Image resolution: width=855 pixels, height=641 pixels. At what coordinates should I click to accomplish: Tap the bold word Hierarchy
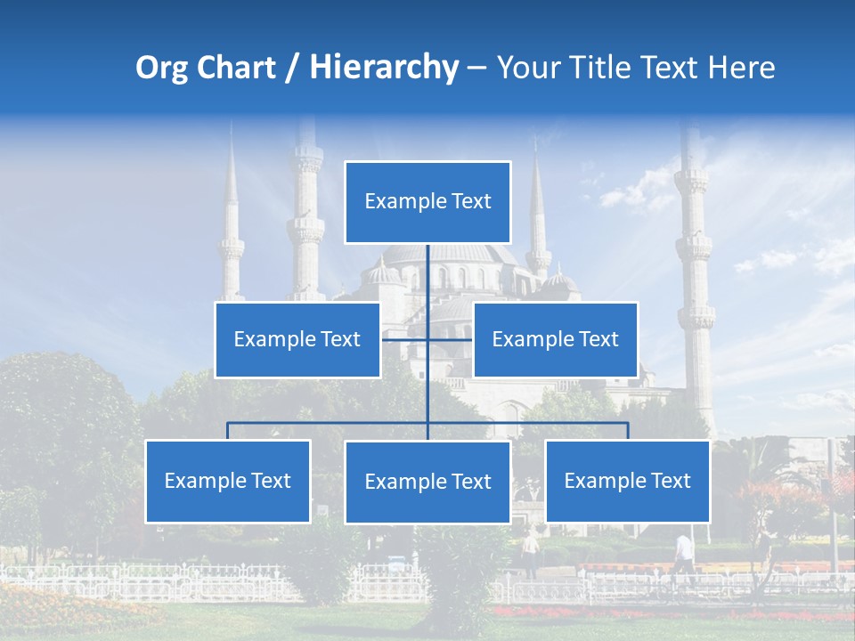click(x=384, y=68)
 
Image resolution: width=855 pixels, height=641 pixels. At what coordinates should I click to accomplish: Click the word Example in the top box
click(x=397, y=201)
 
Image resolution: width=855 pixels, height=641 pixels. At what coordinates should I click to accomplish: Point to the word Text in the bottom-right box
click(x=669, y=481)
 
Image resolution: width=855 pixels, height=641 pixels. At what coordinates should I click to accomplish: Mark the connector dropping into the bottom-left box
click(x=228, y=431)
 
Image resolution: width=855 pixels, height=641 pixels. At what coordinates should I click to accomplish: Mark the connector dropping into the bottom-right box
click(x=628, y=431)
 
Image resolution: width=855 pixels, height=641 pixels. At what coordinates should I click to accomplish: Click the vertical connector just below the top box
click(x=427, y=267)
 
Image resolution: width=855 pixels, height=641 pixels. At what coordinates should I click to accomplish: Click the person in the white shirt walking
click(x=684, y=553)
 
